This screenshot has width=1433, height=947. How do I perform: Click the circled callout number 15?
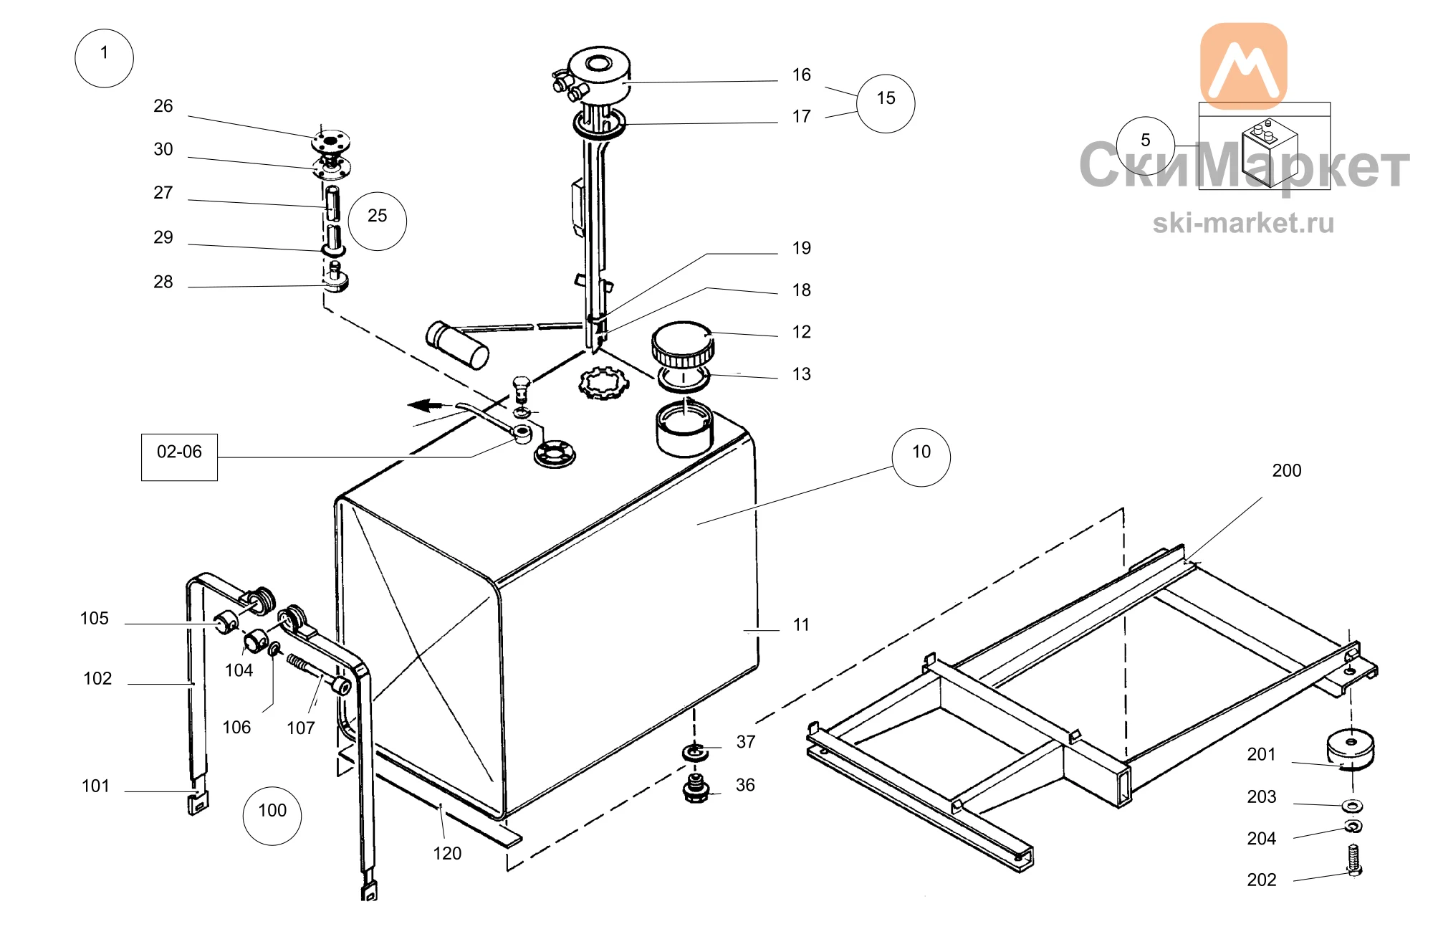[886, 104]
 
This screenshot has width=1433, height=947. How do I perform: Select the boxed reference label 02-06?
[179, 457]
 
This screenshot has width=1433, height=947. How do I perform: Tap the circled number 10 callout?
[921, 457]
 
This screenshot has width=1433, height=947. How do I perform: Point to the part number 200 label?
[1287, 470]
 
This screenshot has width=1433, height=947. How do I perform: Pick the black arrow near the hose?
[426, 406]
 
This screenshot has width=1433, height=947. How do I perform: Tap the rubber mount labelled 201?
[1351, 748]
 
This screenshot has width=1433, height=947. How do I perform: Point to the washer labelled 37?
[694, 753]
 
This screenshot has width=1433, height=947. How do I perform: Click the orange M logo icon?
[1243, 66]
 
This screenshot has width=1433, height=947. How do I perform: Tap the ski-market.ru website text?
[1243, 223]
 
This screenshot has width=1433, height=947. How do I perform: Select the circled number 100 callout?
[272, 816]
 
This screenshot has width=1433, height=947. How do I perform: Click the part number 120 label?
[447, 853]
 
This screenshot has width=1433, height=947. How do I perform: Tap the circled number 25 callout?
[378, 222]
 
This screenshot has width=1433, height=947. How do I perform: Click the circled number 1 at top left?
[104, 58]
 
